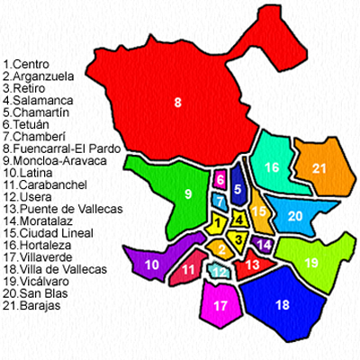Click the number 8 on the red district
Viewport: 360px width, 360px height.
pos(178,102)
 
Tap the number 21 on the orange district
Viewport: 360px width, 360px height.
pos(319,167)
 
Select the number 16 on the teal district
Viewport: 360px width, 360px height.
pos(272,167)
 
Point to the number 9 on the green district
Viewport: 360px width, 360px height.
pos(188,193)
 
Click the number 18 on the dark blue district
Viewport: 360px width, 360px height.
pos(283,305)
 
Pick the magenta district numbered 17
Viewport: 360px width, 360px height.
pos(220,305)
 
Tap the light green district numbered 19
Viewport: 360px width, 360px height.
pos(311,262)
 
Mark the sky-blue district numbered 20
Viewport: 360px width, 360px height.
pos(295,216)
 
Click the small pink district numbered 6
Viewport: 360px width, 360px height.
pos(220,180)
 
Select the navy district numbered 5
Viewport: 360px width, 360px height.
pos(238,189)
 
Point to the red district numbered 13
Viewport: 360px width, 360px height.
pos(254,265)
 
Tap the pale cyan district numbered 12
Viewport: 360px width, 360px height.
pos(219,271)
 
